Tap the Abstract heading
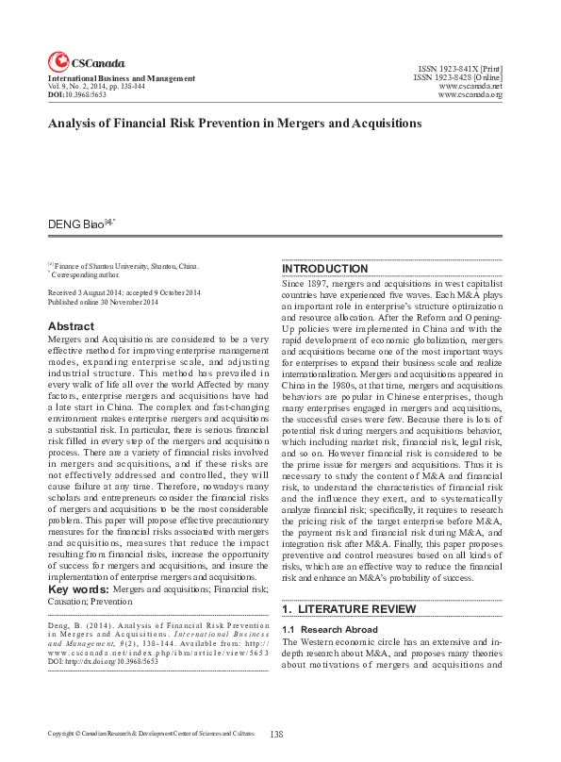click(x=71, y=326)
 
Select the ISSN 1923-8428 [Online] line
click(x=457, y=78)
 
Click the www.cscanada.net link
click(x=470, y=87)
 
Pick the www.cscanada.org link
click(x=470, y=95)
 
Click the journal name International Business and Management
click(x=122, y=78)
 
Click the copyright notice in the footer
click(x=151, y=733)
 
